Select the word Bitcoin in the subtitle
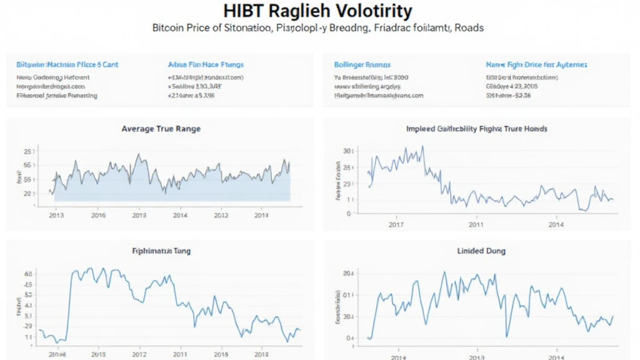pyautogui.click(x=169, y=28)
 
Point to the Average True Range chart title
pyautogui.click(x=161, y=129)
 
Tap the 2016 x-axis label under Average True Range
pyautogui.click(x=98, y=215)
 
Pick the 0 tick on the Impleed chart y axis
pyautogui.click(x=348, y=214)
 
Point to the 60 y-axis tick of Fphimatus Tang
pyautogui.click(x=27, y=274)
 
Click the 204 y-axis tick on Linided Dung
pyautogui.click(x=347, y=274)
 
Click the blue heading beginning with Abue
pyautogui.click(x=206, y=64)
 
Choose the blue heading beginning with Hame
pyautogui.click(x=536, y=64)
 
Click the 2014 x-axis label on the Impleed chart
pyautogui.click(x=556, y=224)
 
